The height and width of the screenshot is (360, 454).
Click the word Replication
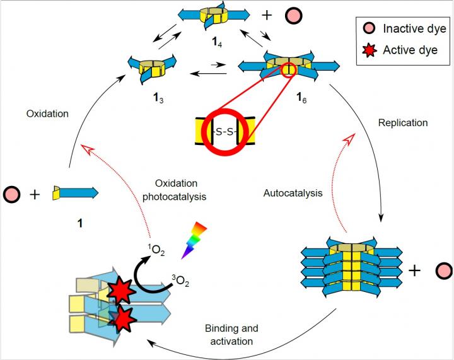[x=402, y=123]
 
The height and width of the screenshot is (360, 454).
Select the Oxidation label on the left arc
[x=47, y=114]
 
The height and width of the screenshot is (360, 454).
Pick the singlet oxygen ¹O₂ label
[x=139, y=253]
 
